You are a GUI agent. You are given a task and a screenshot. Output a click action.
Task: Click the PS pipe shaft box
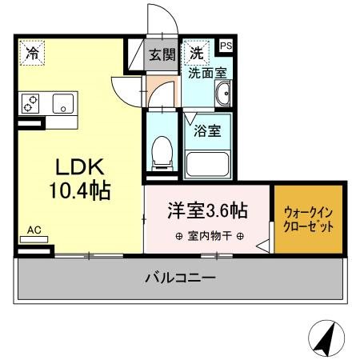click(226, 46)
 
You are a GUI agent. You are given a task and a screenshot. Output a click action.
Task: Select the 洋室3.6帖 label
click(206, 211)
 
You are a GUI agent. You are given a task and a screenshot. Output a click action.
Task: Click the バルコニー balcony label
click(180, 279)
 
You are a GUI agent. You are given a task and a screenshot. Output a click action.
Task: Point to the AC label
click(34, 230)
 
